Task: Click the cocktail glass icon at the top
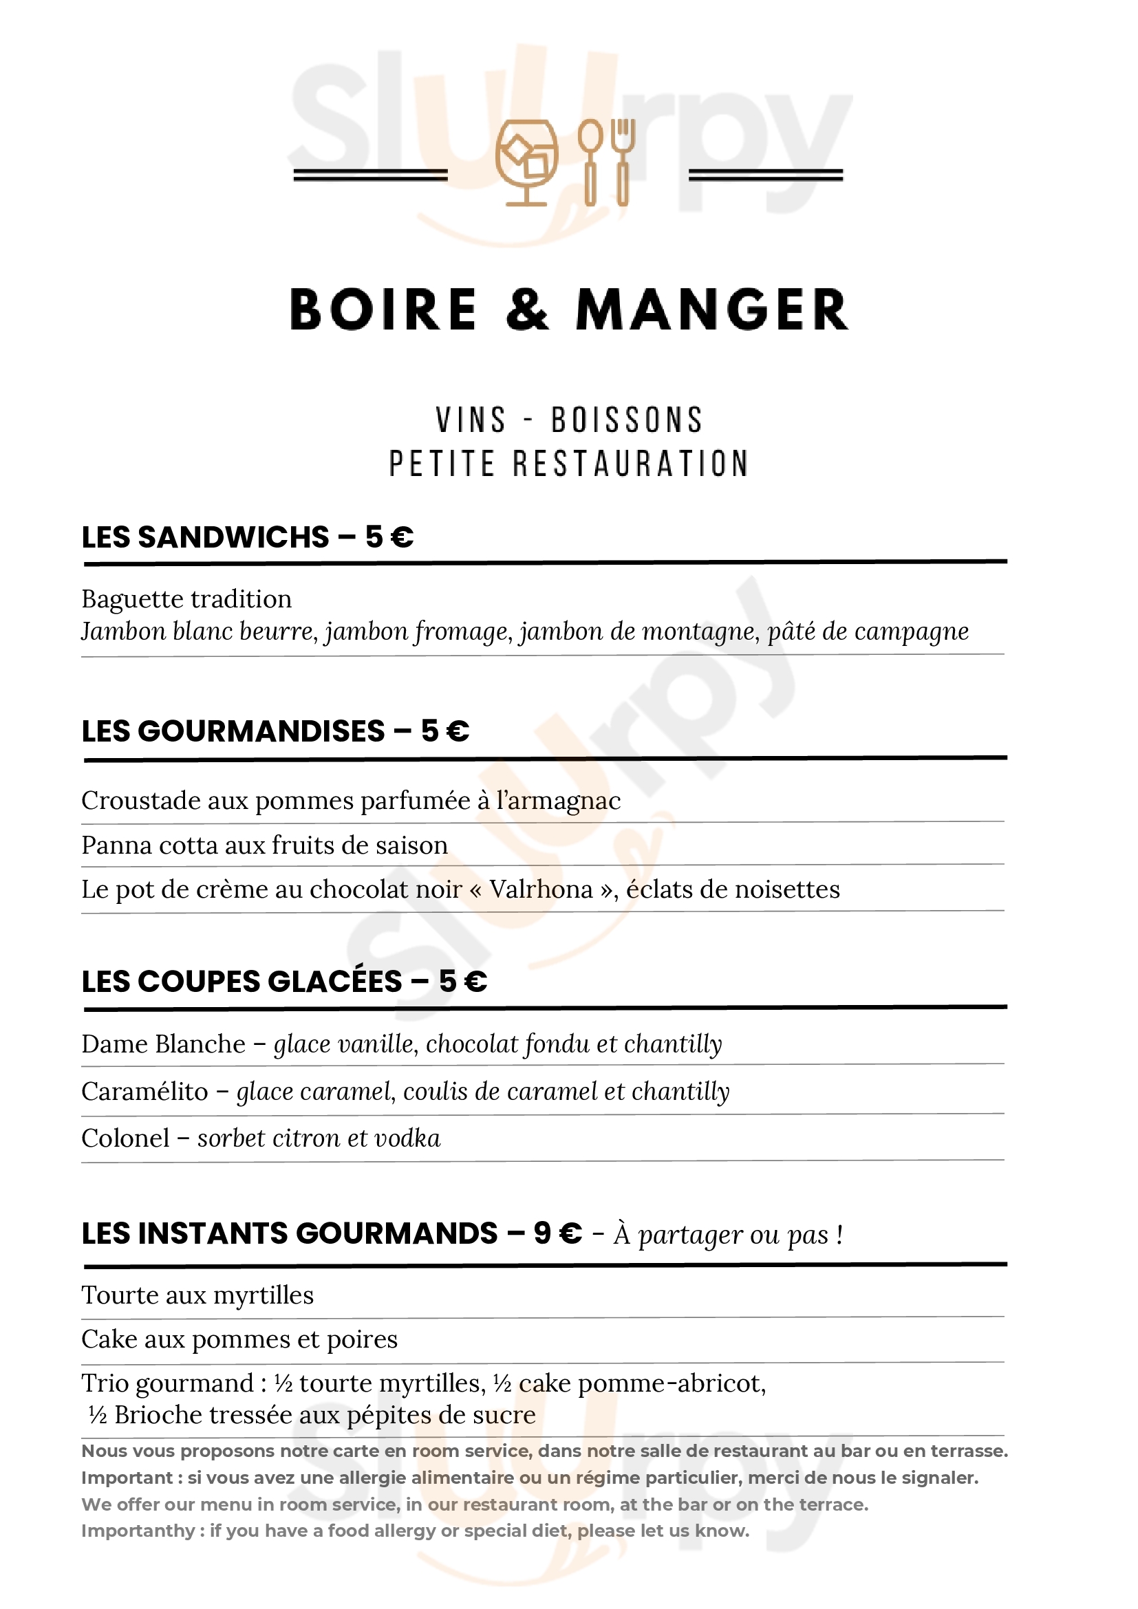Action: pyautogui.click(x=526, y=162)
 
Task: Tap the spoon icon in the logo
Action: pyautogui.click(x=590, y=162)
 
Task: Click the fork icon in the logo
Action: pyautogui.click(x=622, y=162)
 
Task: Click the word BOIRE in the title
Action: pyautogui.click(x=383, y=310)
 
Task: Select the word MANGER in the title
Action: pyautogui.click(x=712, y=310)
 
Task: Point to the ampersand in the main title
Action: pyautogui.click(x=527, y=310)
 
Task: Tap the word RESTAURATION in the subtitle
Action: pyautogui.click(x=631, y=464)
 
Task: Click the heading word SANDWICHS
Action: pyautogui.click(x=233, y=537)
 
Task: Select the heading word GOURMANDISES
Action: pyautogui.click(x=261, y=731)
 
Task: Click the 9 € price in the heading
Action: pyautogui.click(x=558, y=1233)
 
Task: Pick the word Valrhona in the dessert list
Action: pyautogui.click(x=541, y=889)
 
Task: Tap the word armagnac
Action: pyautogui.click(x=559, y=801)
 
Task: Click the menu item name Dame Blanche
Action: pyautogui.click(x=163, y=1044)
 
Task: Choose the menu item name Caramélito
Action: pyautogui.click(x=144, y=1092)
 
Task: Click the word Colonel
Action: pyautogui.click(x=125, y=1138)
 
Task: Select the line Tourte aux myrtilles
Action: pyautogui.click(x=197, y=1295)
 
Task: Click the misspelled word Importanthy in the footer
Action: pyautogui.click(x=138, y=1531)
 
